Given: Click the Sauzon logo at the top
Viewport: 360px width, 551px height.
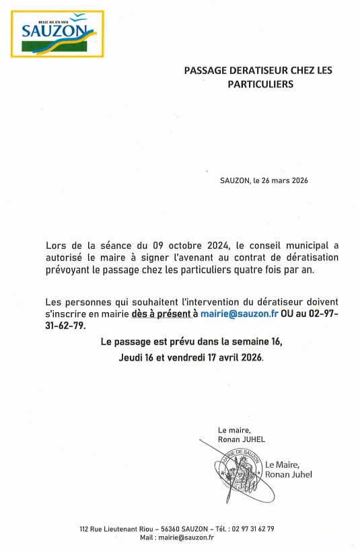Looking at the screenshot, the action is pyautogui.click(x=57, y=34).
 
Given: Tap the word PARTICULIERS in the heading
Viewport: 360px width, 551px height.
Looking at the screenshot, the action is pyautogui.click(x=259, y=85).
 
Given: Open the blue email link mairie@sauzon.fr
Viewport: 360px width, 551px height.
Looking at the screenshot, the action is pyautogui.click(x=240, y=314).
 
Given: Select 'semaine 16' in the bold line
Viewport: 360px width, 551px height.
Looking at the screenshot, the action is pyautogui.click(x=258, y=342).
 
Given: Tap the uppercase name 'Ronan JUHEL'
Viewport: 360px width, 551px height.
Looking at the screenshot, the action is pyautogui.click(x=242, y=439).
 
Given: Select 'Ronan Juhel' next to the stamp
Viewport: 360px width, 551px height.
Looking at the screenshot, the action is pyautogui.click(x=289, y=475).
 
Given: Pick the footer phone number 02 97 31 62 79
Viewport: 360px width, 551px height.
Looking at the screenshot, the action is pyautogui.click(x=252, y=529).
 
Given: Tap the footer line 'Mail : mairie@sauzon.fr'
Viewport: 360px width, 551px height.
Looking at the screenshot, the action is pyautogui.click(x=176, y=537).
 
